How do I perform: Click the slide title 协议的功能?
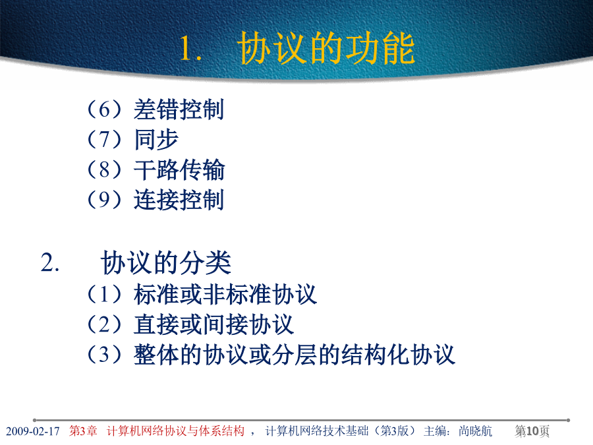click(326, 48)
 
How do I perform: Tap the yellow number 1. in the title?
click(190, 48)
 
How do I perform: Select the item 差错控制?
click(179, 109)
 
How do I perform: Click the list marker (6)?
click(104, 109)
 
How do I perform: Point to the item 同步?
click(156, 140)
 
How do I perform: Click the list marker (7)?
click(104, 139)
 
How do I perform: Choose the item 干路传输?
click(179, 169)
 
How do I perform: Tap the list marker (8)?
click(104, 169)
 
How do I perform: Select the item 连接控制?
click(179, 199)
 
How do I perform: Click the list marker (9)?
click(104, 199)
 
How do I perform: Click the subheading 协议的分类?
click(165, 262)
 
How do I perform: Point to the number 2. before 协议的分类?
click(50, 262)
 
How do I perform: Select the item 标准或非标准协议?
click(225, 295)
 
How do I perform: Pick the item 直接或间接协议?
click(213, 324)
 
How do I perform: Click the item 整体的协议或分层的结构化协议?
click(295, 355)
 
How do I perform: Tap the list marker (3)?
click(104, 354)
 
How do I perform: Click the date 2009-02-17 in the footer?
click(33, 431)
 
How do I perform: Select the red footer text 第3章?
click(83, 431)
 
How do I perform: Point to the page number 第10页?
click(532, 431)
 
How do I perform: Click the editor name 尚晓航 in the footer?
click(475, 431)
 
